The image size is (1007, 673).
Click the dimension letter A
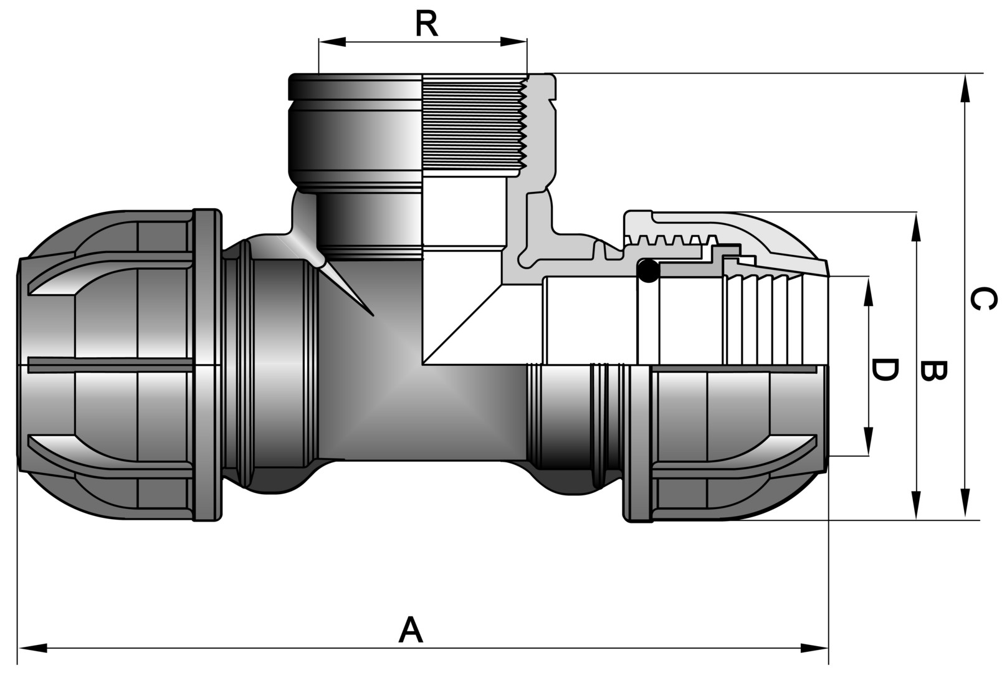(411, 630)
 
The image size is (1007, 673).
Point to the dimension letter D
(884, 370)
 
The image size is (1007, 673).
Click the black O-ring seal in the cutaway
(648, 271)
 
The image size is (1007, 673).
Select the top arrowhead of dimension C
(965, 87)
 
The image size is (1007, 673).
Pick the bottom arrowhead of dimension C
(965, 506)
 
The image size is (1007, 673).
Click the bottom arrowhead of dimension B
(916, 506)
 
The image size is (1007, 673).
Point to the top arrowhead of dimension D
(867, 290)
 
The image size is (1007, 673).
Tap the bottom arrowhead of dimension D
(867, 442)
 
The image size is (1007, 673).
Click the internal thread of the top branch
(474, 125)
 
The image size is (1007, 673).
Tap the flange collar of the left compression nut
(208, 365)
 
